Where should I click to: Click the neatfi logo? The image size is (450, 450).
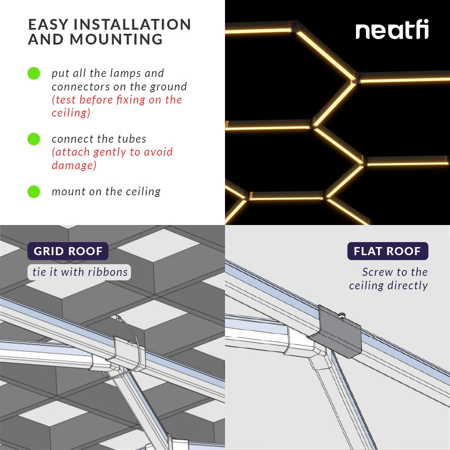click(392, 31)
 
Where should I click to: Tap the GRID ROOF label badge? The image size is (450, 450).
click(68, 251)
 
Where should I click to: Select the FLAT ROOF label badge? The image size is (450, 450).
click(387, 251)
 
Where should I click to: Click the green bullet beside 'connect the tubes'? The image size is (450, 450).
click(34, 139)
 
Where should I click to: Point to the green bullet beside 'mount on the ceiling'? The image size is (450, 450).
click(34, 192)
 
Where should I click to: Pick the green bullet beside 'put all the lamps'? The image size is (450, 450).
click(34, 73)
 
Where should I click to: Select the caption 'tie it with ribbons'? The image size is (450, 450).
click(80, 272)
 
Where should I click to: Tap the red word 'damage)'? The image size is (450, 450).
click(74, 165)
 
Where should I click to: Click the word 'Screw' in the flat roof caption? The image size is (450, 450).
click(377, 272)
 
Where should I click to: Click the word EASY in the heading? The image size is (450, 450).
click(44, 24)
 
